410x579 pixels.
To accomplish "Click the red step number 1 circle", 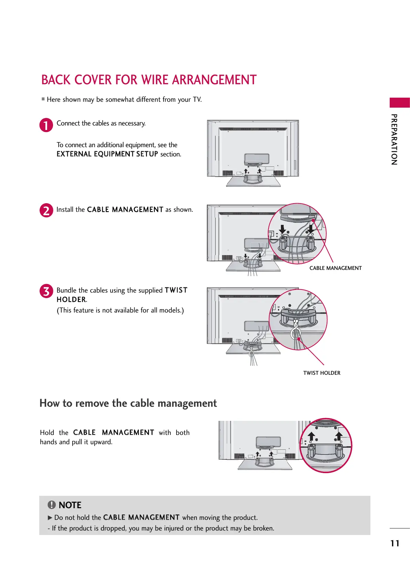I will click(46, 125).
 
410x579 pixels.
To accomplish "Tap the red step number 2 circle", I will click(46, 210).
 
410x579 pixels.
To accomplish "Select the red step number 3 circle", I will click(46, 291).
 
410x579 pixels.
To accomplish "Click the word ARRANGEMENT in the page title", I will click(214, 80).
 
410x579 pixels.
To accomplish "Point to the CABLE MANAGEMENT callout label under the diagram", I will click(335, 268).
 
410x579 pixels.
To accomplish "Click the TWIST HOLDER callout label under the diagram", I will click(322, 373).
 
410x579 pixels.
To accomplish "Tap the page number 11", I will click(395, 543).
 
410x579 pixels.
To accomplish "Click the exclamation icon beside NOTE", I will click(51, 505).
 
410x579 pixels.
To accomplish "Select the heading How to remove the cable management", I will click(128, 403).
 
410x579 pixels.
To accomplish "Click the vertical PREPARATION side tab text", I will click(395, 139).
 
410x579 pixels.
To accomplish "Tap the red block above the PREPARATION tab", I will click(399, 102).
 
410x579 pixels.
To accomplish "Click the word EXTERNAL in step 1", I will click(74, 154).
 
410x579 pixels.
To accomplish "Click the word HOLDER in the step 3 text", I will click(71, 300).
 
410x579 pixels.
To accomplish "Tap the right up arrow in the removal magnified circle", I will click(339, 436).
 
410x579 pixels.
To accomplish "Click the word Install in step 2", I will click(65, 209).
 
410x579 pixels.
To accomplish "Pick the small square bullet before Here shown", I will click(43, 99).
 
